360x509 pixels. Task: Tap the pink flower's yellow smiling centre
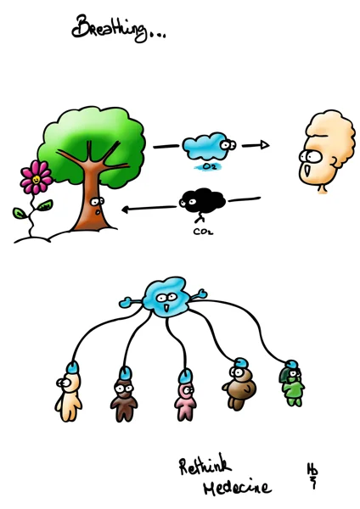coord(37,178)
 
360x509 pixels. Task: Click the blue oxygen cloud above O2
coord(209,147)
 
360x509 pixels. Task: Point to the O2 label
coord(208,167)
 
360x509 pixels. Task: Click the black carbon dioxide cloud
coord(202,200)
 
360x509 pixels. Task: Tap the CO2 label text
coord(203,232)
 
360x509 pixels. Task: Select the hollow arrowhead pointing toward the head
coord(264,145)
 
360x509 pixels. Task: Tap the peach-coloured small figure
coord(68,395)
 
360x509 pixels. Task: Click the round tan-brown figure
coord(239,386)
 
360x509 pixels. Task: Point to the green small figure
coord(292,384)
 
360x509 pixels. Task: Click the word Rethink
coord(205,465)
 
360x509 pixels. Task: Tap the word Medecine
coord(237,487)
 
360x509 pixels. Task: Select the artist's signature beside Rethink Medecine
coord(312,475)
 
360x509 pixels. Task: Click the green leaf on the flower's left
coord(19,213)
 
